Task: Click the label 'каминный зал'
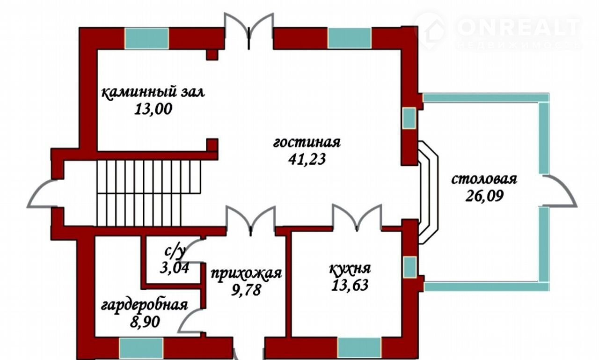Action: coord(153,93)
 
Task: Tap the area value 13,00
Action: coord(153,109)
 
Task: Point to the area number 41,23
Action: coord(307,160)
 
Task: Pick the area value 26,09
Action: coord(484,196)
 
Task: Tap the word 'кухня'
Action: coord(350,269)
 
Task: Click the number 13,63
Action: coord(350,285)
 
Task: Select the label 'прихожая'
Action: coord(246,273)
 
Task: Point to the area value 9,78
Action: coord(246,290)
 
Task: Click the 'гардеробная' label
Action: coord(145,305)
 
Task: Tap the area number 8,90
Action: coord(145,322)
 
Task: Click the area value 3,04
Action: coord(175,267)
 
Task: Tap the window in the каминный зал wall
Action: coord(146,38)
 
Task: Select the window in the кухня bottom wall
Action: coord(359,348)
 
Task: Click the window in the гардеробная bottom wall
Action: coord(141,348)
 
